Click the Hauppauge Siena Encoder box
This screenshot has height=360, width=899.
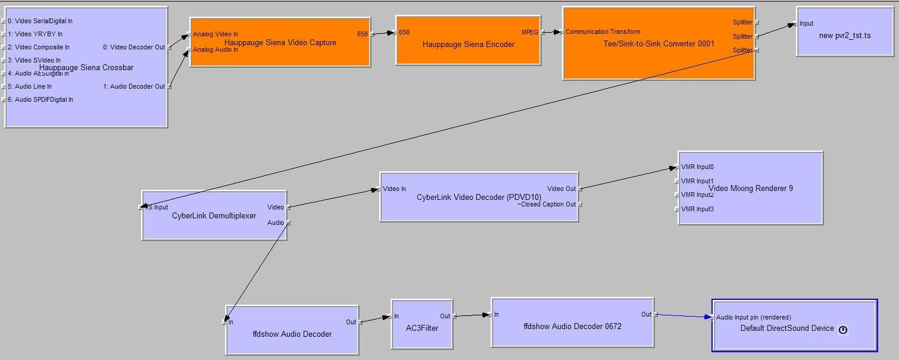pyautogui.click(x=468, y=45)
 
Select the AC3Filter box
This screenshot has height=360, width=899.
pyautogui.click(x=422, y=328)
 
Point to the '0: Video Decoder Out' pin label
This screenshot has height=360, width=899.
pyautogui.click(x=134, y=47)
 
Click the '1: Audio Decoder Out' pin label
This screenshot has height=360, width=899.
pyautogui.click(x=134, y=86)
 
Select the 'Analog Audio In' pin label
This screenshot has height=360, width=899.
pyautogui.click(x=216, y=49)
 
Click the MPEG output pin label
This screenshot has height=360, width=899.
pyautogui.click(x=530, y=32)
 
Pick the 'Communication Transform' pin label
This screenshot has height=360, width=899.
pyautogui.click(x=603, y=32)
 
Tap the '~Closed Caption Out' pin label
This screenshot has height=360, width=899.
pyautogui.click(x=546, y=204)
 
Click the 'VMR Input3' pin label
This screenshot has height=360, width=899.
pyautogui.click(x=697, y=209)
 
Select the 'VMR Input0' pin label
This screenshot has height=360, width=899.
pyautogui.click(x=697, y=167)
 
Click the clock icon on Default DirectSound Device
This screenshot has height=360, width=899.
pyautogui.click(x=842, y=330)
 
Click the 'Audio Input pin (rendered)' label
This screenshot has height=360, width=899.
pyautogui.click(x=754, y=317)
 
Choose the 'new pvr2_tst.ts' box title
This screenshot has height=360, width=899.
pyautogui.click(x=845, y=36)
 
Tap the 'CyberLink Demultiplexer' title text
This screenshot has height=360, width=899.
pyautogui.click(x=214, y=215)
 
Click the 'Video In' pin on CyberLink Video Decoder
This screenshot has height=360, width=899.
pyautogui.click(x=394, y=189)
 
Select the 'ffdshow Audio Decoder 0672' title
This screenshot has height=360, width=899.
pyautogui.click(x=572, y=326)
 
